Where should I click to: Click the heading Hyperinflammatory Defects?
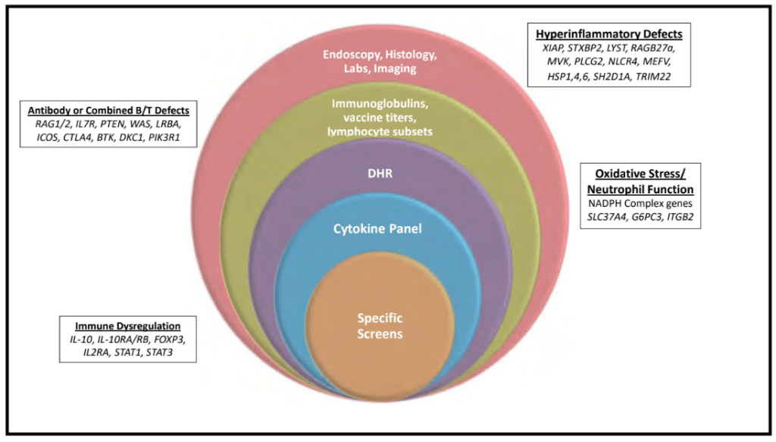(609, 34)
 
